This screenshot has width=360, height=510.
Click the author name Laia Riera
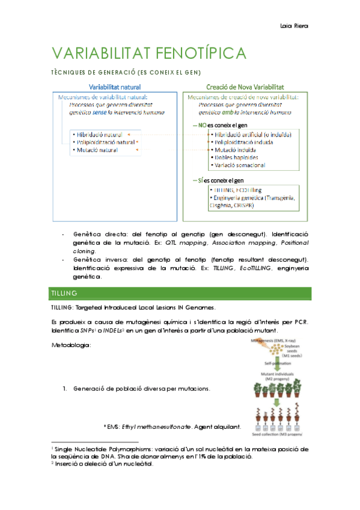(x=298, y=26)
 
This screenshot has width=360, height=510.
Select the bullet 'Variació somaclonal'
(x=239, y=165)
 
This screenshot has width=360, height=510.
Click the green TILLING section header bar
(x=179, y=293)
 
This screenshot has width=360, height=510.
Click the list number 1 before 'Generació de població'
(x=65, y=389)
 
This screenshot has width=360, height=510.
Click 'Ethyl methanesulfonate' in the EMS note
(x=150, y=427)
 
